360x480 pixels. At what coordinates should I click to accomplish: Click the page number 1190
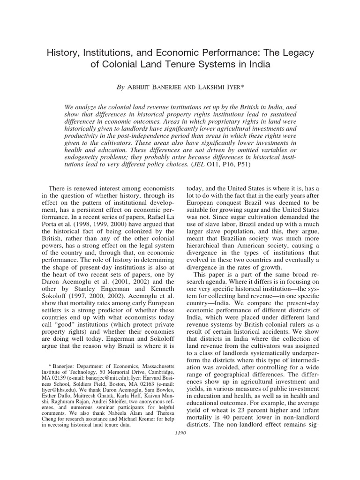point(180,433)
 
